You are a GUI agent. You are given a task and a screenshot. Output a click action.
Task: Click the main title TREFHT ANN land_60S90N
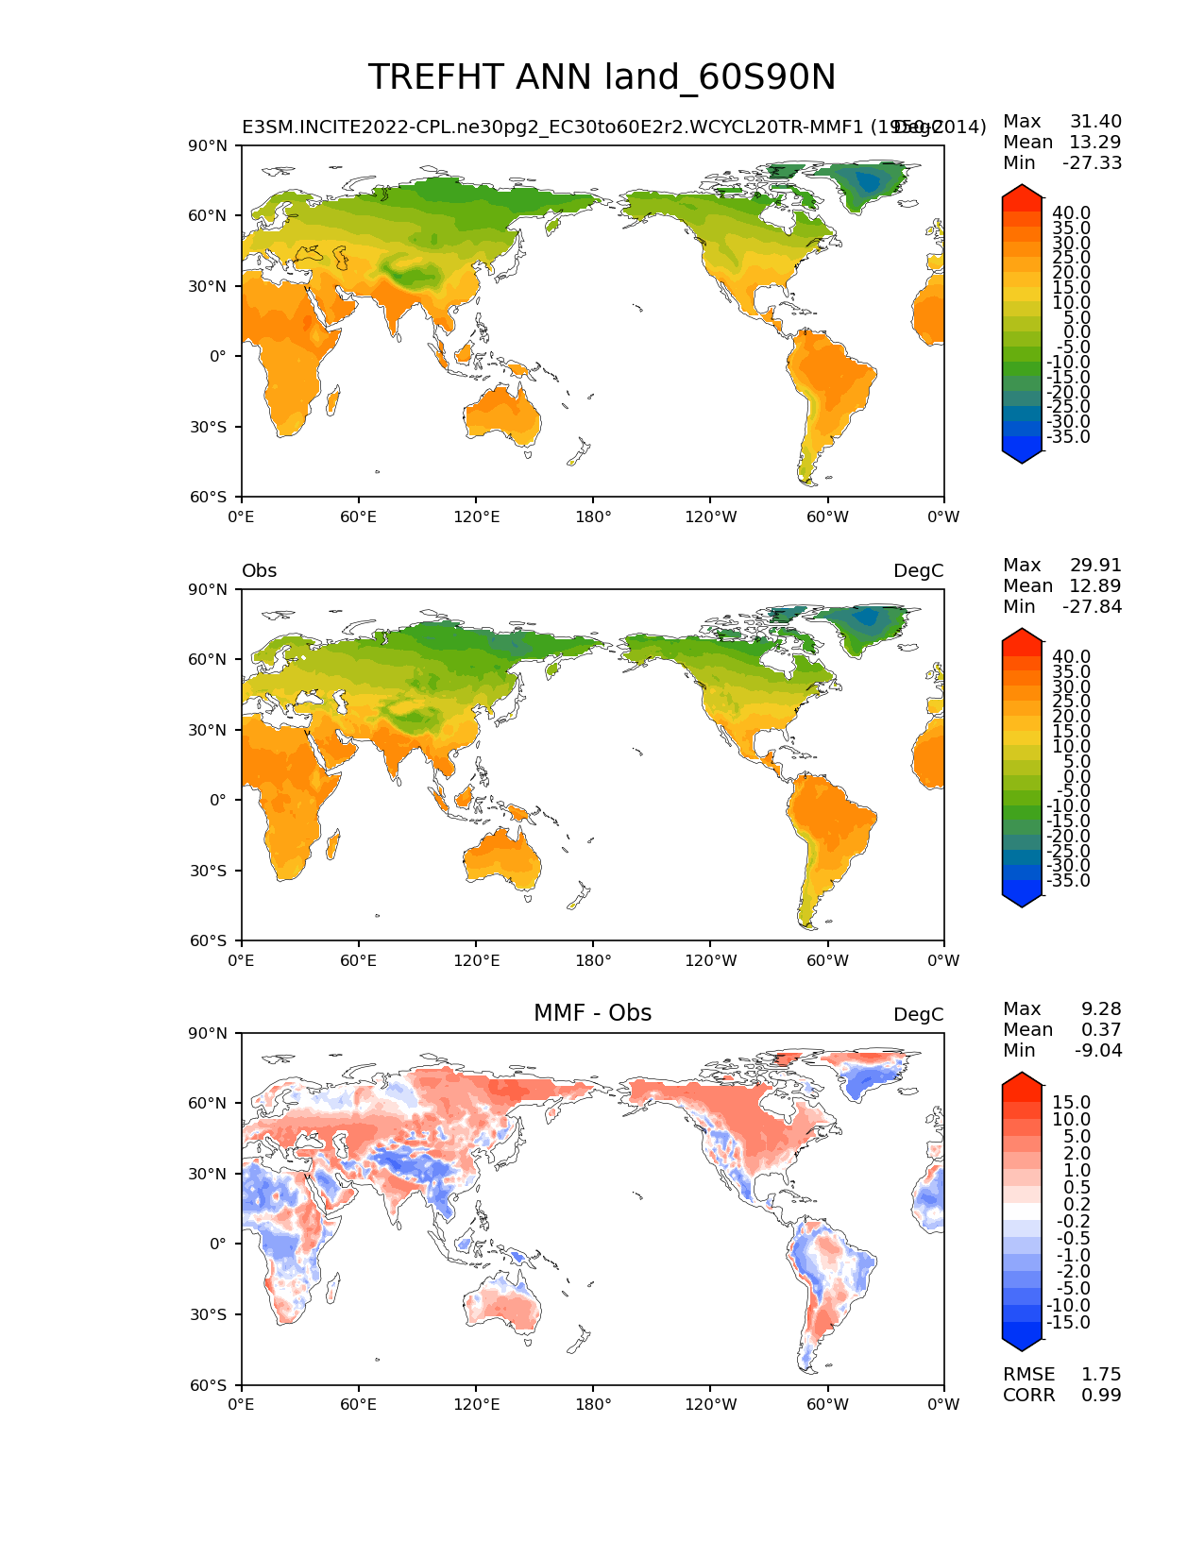(602, 77)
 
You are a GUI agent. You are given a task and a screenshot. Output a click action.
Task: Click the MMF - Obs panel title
(592, 1013)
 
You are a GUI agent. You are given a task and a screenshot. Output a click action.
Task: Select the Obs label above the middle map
(259, 571)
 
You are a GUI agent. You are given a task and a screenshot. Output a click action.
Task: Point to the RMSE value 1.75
(1101, 1375)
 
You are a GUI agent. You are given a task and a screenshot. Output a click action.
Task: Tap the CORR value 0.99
(1101, 1396)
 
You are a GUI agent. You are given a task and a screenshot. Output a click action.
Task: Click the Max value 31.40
(1095, 122)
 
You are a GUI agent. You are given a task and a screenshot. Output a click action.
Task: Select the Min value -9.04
(1098, 1051)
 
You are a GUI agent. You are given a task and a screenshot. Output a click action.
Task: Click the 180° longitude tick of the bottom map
(593, 1405)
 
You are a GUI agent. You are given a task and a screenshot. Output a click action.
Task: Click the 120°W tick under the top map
(710, 517)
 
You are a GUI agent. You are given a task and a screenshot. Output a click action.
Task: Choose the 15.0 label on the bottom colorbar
(1071, 1103)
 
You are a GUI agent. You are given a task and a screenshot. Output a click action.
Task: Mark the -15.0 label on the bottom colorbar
(1068, 1323)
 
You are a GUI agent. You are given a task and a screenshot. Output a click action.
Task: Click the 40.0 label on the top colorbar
(1071, 213)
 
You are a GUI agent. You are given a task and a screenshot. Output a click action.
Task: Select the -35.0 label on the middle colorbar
(1068, 881)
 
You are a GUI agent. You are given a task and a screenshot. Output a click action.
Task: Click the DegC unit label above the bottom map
(918, 1015)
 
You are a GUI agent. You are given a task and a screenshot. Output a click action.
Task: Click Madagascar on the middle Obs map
(332, 846)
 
